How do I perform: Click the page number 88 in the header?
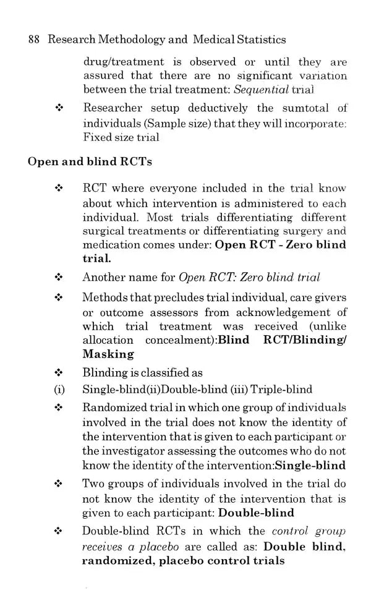[x=34, y=40]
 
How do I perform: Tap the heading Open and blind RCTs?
[x=90, y=162]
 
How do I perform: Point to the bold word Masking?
[x=108, y=354]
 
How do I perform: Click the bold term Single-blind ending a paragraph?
[x=310, y=466]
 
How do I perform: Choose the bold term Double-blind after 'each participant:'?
[x=257, y=513]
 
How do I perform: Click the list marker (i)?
[x=59, y=390]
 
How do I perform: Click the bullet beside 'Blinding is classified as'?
[x=59, y=373]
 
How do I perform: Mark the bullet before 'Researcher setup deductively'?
[x=59, y=109]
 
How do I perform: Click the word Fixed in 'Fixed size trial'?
[x=96, y=137]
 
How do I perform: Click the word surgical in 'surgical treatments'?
[x=102, y=231]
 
